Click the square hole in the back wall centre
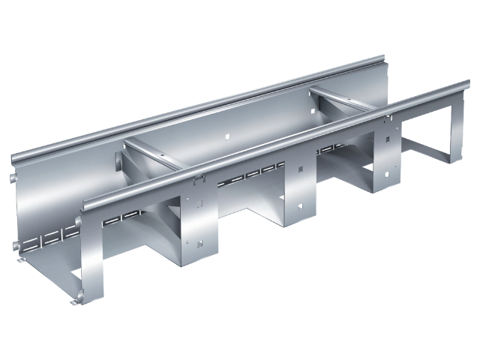coord(225,138)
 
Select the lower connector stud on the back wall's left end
coord(15,247)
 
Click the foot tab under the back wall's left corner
coord(19,260)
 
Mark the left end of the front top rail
coord(87,204)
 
